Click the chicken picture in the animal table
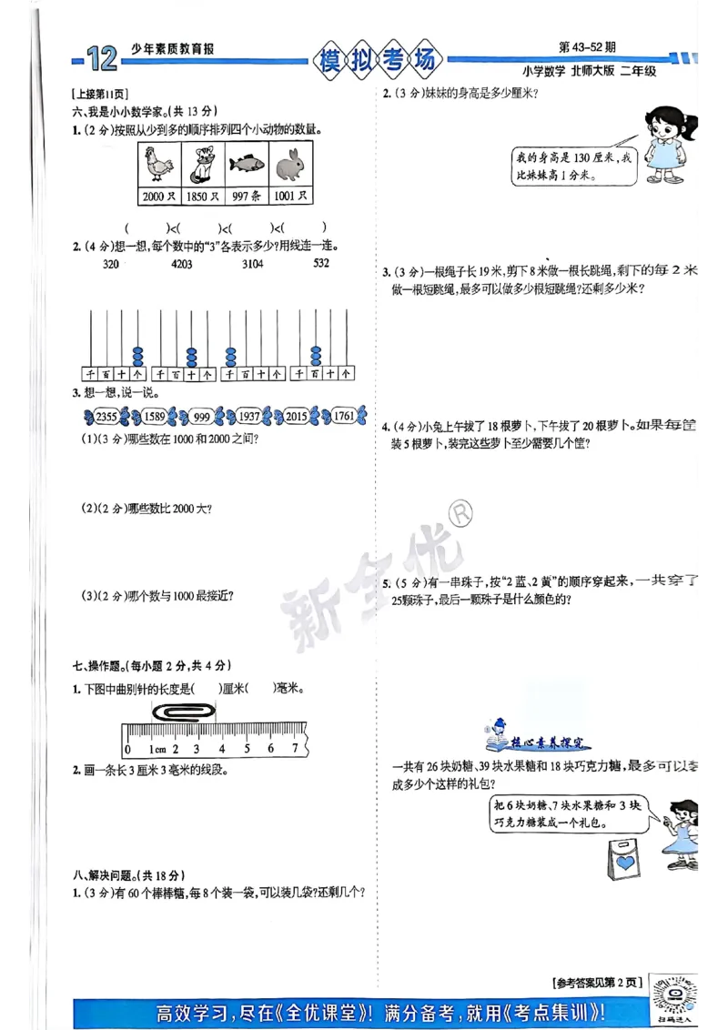click(160, 164)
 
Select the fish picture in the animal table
click(246, 164)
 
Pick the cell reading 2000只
click(158, 196)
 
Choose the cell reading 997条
click(246, 196)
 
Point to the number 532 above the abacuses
click(321, 265)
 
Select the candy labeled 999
click(202, 417)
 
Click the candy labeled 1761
click(343, 417)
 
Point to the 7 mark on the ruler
click(294, 749)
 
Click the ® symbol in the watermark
click(460, 515)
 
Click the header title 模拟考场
click(379, 61)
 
